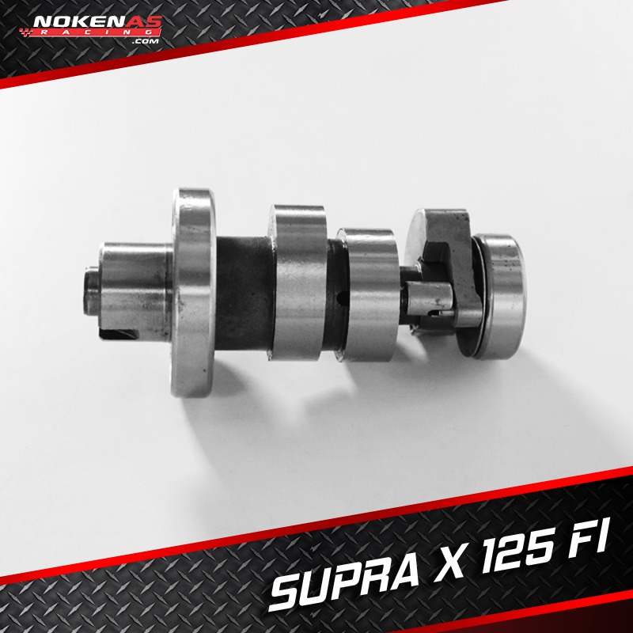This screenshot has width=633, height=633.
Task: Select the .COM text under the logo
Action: pos(146,41)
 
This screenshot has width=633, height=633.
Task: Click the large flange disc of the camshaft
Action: pos(192,292)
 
